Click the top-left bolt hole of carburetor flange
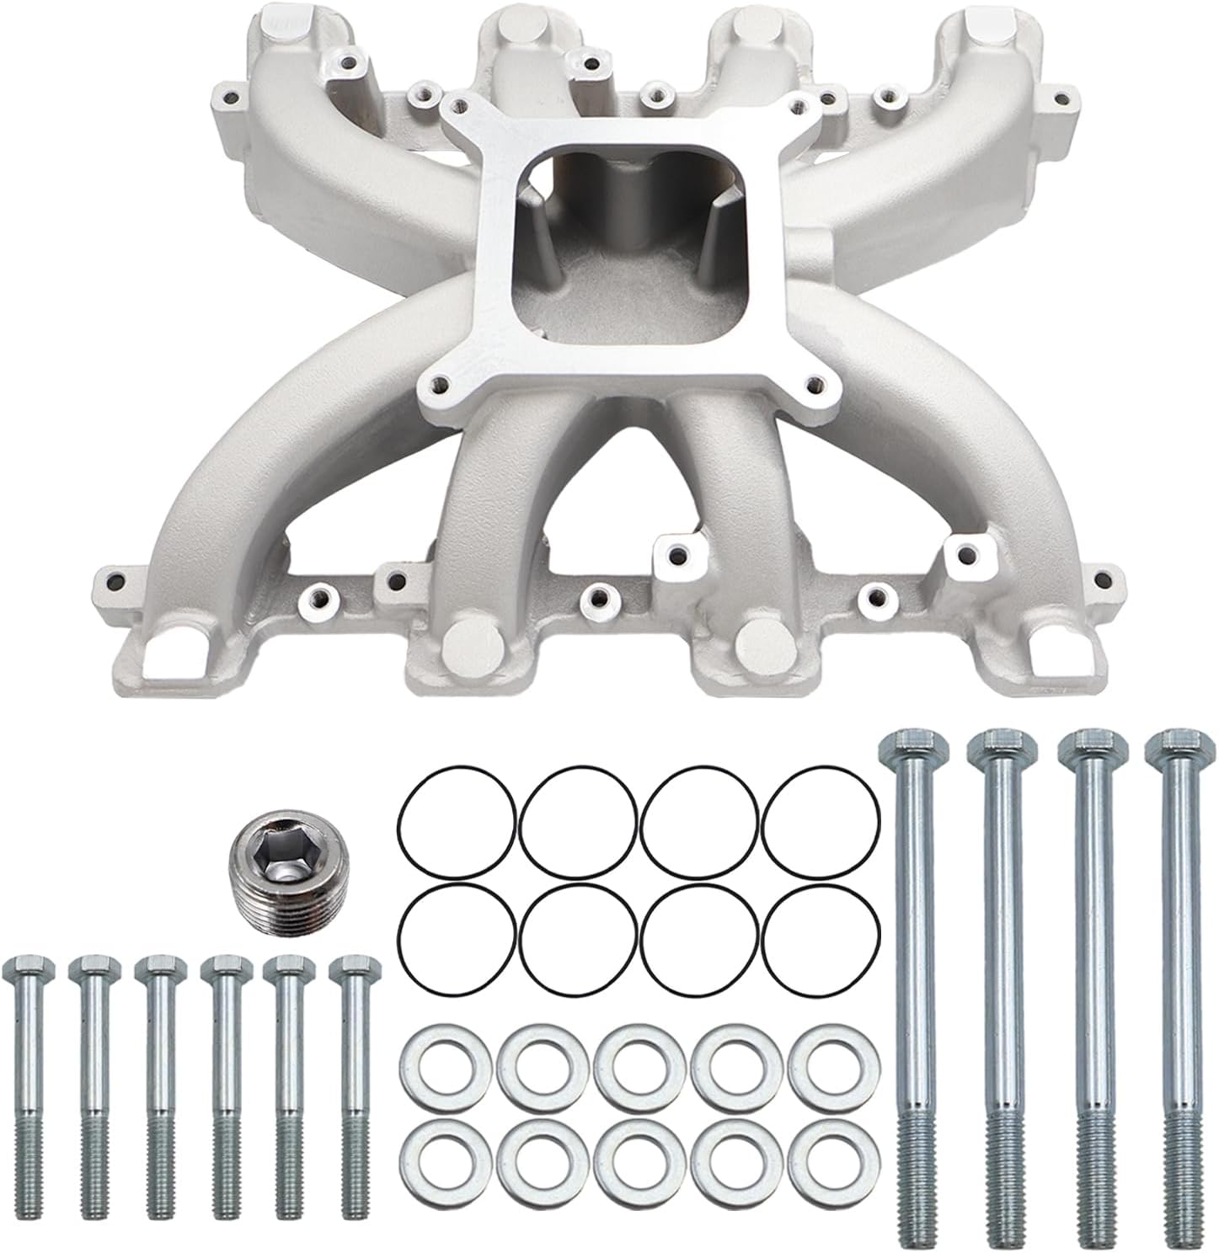coord(457,106)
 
